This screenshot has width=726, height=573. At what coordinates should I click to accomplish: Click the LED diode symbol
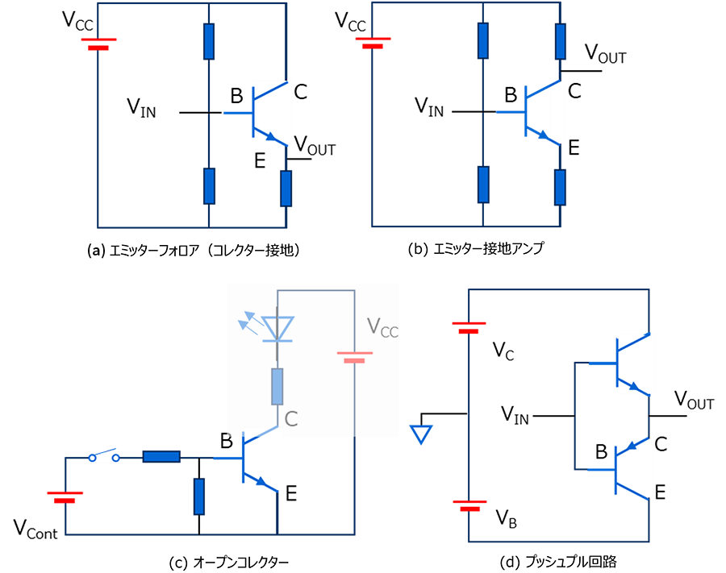click(x=278, y=327)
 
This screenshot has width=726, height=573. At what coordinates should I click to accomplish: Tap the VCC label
click(x=382, y=327)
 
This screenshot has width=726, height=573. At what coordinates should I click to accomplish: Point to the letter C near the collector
click(x=291, y=419)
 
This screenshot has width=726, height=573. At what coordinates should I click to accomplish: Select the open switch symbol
click(x=104, y=456)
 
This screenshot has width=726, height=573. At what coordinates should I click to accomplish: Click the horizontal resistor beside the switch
click(x=161, y=457)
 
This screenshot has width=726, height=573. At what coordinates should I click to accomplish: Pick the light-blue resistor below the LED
click(x=277, y=386)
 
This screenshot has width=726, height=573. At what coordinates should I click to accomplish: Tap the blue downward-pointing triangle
click(x=421, y=434)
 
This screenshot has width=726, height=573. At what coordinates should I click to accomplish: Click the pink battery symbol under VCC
click(x=354, y=356)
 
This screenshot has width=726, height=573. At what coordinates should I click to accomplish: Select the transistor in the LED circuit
click(x=261, y=462)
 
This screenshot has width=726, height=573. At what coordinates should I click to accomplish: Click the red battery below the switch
click(x=65, y=496)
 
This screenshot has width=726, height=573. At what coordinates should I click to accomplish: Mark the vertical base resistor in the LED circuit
click(x=199, y=496)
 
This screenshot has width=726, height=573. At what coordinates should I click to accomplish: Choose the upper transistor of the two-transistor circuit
click(x=635, y=363)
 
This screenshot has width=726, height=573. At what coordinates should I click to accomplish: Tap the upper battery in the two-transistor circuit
click(x=469, y=327)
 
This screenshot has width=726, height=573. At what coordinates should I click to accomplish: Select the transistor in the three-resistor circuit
click(x=271, y=113)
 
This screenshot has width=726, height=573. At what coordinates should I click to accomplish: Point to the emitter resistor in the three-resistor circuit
click(x=286, y=188)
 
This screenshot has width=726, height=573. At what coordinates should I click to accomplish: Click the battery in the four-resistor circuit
click(x=373, y=42)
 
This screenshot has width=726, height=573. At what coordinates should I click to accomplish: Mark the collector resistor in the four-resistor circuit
click(x=560, y=41)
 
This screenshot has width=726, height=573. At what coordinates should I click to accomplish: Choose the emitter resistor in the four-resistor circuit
click(x=560, y=187)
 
